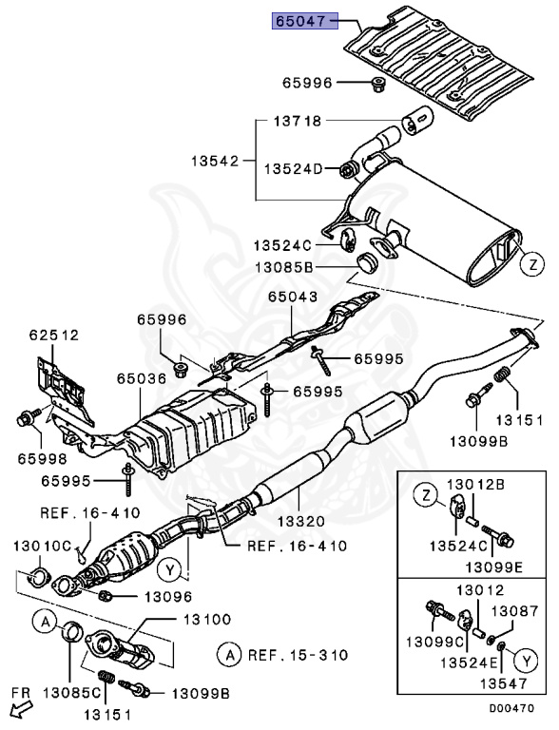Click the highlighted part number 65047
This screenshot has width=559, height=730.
pyautogui.click(x=303, y=21)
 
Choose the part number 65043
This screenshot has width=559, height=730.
pyautogui.click(x=292, y=298)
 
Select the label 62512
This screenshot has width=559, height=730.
pyautogui.click(x=53, y=335)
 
